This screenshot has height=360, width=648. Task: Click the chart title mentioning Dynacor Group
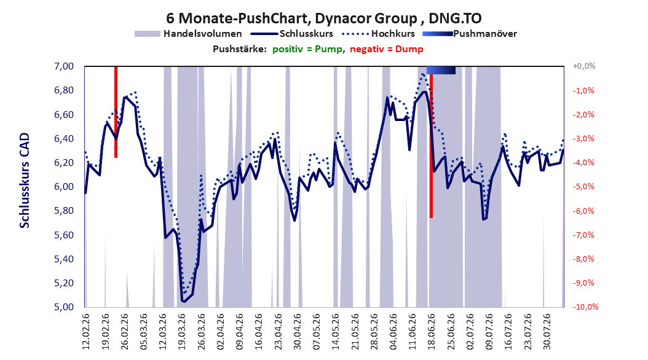tap(323, 18)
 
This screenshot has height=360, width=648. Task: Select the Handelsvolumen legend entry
tap(188, 34)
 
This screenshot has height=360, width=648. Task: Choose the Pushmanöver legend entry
tap(470, 34)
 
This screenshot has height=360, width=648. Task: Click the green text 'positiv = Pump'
tap(307, 49)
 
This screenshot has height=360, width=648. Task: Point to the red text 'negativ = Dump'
tap(387, 49)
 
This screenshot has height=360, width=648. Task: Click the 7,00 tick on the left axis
tap(64, 66)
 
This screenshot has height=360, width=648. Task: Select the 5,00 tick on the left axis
tap(64, 307)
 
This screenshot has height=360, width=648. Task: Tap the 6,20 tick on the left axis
tap(64, 163)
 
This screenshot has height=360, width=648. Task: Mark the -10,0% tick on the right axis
tap(585, 307)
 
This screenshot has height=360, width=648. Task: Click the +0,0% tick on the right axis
tap(584, 66)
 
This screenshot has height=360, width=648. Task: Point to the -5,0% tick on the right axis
tap(583, 187)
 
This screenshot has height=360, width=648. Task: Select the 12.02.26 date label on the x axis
tap(86, 332)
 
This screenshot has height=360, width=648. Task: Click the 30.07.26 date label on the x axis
tap(547, 332)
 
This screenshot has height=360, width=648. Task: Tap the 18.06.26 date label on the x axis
tap(432, 332)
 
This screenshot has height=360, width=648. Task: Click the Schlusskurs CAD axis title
tap(25, 181)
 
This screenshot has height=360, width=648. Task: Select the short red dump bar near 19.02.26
tap(116, 112)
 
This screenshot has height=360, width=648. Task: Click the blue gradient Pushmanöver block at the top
tap(441, 70)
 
